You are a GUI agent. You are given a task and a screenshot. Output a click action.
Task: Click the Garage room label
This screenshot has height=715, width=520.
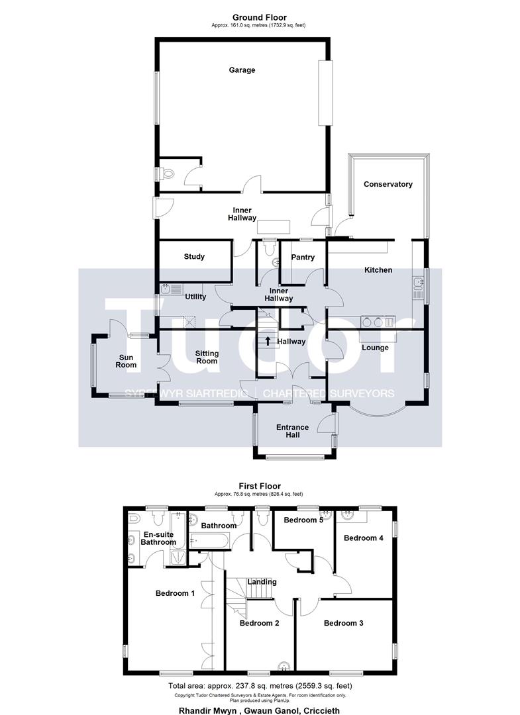click(x=242, y=70)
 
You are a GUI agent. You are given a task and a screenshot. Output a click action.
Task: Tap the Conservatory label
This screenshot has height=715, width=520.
click(x=388, y=184)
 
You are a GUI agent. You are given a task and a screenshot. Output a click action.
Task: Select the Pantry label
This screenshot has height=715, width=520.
click(x=303, y=257)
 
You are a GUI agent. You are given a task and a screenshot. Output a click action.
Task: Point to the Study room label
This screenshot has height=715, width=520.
click(x=194, y=257)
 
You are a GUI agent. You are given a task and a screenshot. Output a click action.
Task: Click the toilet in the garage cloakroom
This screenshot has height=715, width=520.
click(x=166, y=173)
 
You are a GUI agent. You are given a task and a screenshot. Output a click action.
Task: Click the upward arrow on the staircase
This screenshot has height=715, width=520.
click(x=268, y=341)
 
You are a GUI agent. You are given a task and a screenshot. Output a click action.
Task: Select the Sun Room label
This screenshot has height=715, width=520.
click(x=126, y=361)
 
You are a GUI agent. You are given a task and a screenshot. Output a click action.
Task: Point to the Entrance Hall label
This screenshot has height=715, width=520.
click(x=292, y=431)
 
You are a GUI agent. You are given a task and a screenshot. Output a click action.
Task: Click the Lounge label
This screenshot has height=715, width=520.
click(x=375, y=348)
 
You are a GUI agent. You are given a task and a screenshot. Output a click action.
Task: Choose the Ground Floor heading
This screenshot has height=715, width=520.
click(x=260, y=18)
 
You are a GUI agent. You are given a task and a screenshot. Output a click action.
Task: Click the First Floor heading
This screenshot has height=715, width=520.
click(x=260, y=486)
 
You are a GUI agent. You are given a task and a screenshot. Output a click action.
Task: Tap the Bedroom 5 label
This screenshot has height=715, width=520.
click(x=303, y=520)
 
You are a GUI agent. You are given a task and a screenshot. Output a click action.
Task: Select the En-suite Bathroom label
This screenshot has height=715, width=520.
click(x=158, y=538)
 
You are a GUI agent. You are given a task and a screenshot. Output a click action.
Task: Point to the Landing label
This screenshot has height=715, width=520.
click(x=262, y=582)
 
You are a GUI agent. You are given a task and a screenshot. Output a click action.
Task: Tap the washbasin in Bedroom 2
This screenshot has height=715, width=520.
click(x=285, y=666)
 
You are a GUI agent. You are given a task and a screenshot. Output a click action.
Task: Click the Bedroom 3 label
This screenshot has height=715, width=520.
click(x=344, y=623)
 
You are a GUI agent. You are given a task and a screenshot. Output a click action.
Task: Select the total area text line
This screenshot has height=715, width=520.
click(x=260, y=685)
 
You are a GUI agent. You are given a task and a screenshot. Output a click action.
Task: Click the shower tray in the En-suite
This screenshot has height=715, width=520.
click(x=178, y=557)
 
